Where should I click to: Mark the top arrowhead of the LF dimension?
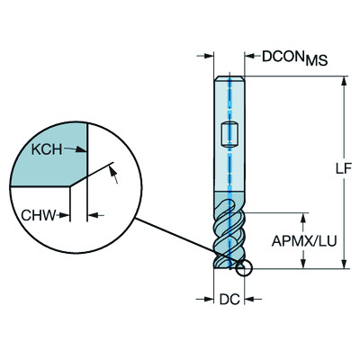(345, 82)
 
